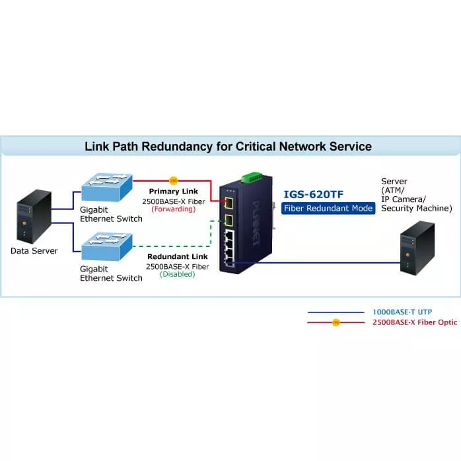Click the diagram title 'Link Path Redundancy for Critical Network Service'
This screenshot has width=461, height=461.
[228, 146]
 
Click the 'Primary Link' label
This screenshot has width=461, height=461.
[173, 191]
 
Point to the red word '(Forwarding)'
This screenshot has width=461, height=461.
[174, 209]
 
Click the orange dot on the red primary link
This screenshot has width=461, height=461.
[174, 180]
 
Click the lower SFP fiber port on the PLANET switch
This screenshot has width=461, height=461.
[230, 221]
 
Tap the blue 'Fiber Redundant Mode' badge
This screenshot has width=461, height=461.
[328, 208]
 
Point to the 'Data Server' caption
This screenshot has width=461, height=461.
[34, 251]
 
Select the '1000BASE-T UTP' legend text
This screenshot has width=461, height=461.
[404, 312]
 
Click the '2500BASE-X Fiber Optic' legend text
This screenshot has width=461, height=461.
[414, 322]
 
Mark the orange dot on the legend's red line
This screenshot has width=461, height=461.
[336, 322]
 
